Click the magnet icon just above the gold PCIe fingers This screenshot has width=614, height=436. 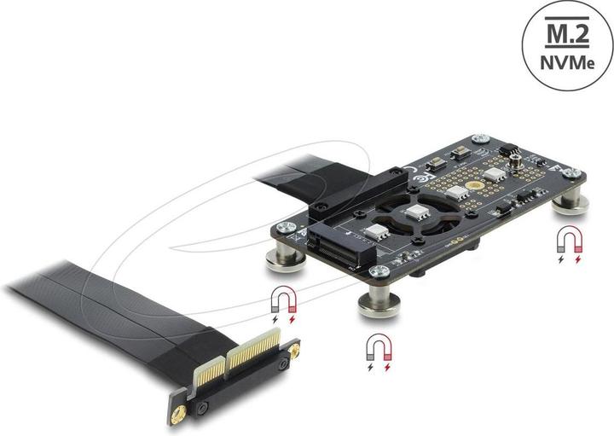pos(283,303)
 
